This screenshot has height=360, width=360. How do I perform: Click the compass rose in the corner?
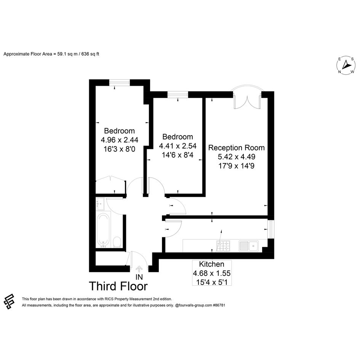(346, 65)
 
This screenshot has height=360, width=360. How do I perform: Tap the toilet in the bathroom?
(117, 242)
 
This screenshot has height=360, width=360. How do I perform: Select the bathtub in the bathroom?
(103, 230)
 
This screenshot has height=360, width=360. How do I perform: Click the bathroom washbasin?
(100, 204)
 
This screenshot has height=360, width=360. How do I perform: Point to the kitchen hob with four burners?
(223, 246)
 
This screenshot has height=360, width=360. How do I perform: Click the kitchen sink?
(249, 246)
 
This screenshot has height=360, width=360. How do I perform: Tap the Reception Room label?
(236, 148)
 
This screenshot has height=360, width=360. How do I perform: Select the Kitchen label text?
(211, 264)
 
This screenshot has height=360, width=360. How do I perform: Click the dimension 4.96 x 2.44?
(119, 140)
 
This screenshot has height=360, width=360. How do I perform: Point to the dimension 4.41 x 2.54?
(178, 146)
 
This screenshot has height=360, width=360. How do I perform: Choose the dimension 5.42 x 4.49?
(237, 157)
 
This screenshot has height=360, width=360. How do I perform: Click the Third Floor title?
(118, 286)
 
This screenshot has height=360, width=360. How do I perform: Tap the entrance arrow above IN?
(139, 269)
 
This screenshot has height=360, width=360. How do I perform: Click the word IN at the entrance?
(139, 277)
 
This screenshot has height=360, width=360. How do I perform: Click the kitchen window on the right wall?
(271, 229)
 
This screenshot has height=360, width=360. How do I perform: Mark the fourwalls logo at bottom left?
(9, 301)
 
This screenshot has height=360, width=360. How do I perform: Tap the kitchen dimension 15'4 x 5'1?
(212, 282)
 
